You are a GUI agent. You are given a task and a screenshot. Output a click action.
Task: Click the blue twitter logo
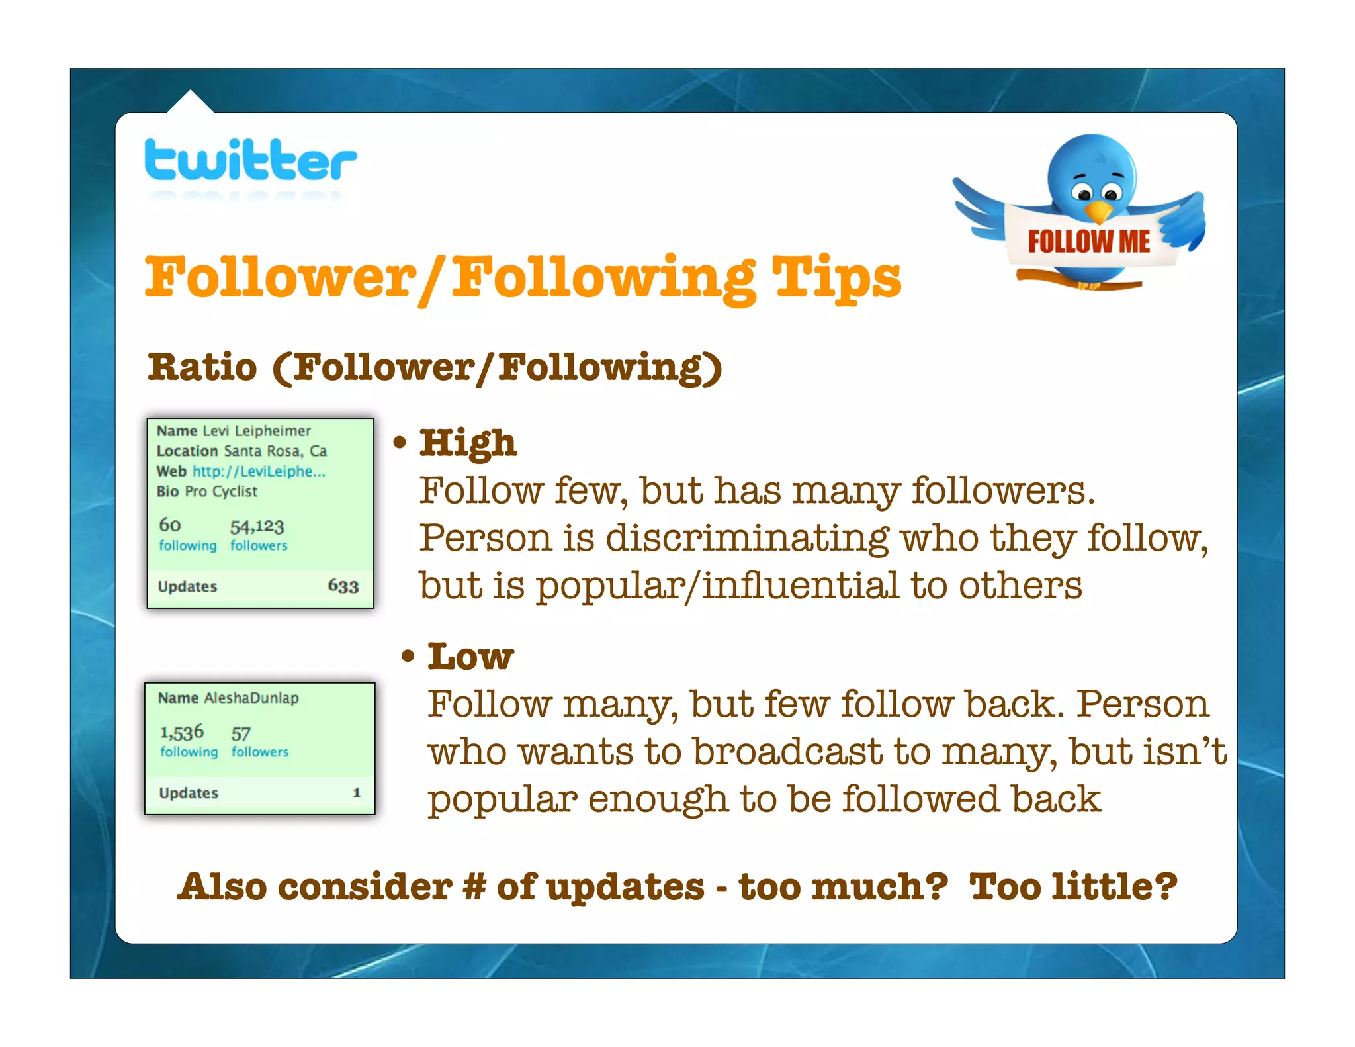250,160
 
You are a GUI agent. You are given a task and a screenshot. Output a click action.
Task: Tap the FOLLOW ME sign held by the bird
1088,242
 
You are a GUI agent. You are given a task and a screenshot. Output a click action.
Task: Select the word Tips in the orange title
836,278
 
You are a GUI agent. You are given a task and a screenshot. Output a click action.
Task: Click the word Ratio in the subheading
202,367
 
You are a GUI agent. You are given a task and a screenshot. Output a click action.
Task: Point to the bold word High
468,443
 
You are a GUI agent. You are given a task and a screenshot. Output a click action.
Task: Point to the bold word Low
470,657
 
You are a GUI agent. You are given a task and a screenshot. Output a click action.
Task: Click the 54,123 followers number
257,527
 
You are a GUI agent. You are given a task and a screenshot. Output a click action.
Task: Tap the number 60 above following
170,525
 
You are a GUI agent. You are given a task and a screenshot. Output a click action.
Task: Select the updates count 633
343,586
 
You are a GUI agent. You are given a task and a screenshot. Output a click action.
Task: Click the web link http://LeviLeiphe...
259,471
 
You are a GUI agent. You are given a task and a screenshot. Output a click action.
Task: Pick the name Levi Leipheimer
257,431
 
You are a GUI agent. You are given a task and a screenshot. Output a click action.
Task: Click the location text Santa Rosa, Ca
275,451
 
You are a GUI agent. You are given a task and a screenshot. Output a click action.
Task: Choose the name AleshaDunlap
251,698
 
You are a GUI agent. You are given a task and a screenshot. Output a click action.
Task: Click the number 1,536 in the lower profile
182,733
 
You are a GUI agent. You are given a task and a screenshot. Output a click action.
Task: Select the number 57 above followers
241,734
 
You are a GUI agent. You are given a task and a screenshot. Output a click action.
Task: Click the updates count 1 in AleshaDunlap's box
357,793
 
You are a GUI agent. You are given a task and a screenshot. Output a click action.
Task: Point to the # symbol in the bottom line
474,887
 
